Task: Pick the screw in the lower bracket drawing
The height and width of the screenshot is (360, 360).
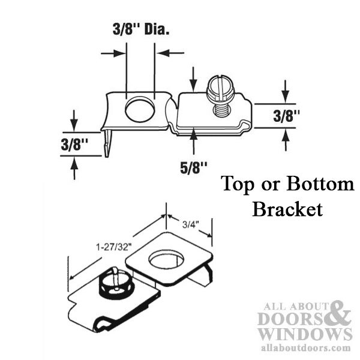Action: point(115,280)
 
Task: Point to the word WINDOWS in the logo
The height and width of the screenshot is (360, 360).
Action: point(305,334)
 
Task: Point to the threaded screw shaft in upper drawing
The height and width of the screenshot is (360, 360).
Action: point(220,109)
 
